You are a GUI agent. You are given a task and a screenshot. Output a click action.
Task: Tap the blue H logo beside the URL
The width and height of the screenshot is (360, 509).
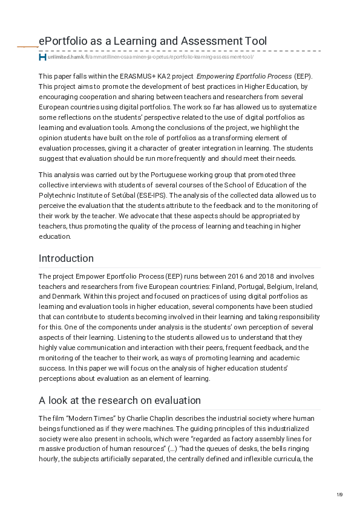coord(42,57)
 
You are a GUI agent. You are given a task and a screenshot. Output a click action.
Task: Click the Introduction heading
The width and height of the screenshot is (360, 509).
coord(66,258)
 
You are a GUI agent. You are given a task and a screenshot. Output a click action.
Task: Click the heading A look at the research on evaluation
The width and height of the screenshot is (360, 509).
coord(120,400)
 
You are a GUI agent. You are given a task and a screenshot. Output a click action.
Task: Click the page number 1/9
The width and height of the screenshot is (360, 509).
coord(340,495)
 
